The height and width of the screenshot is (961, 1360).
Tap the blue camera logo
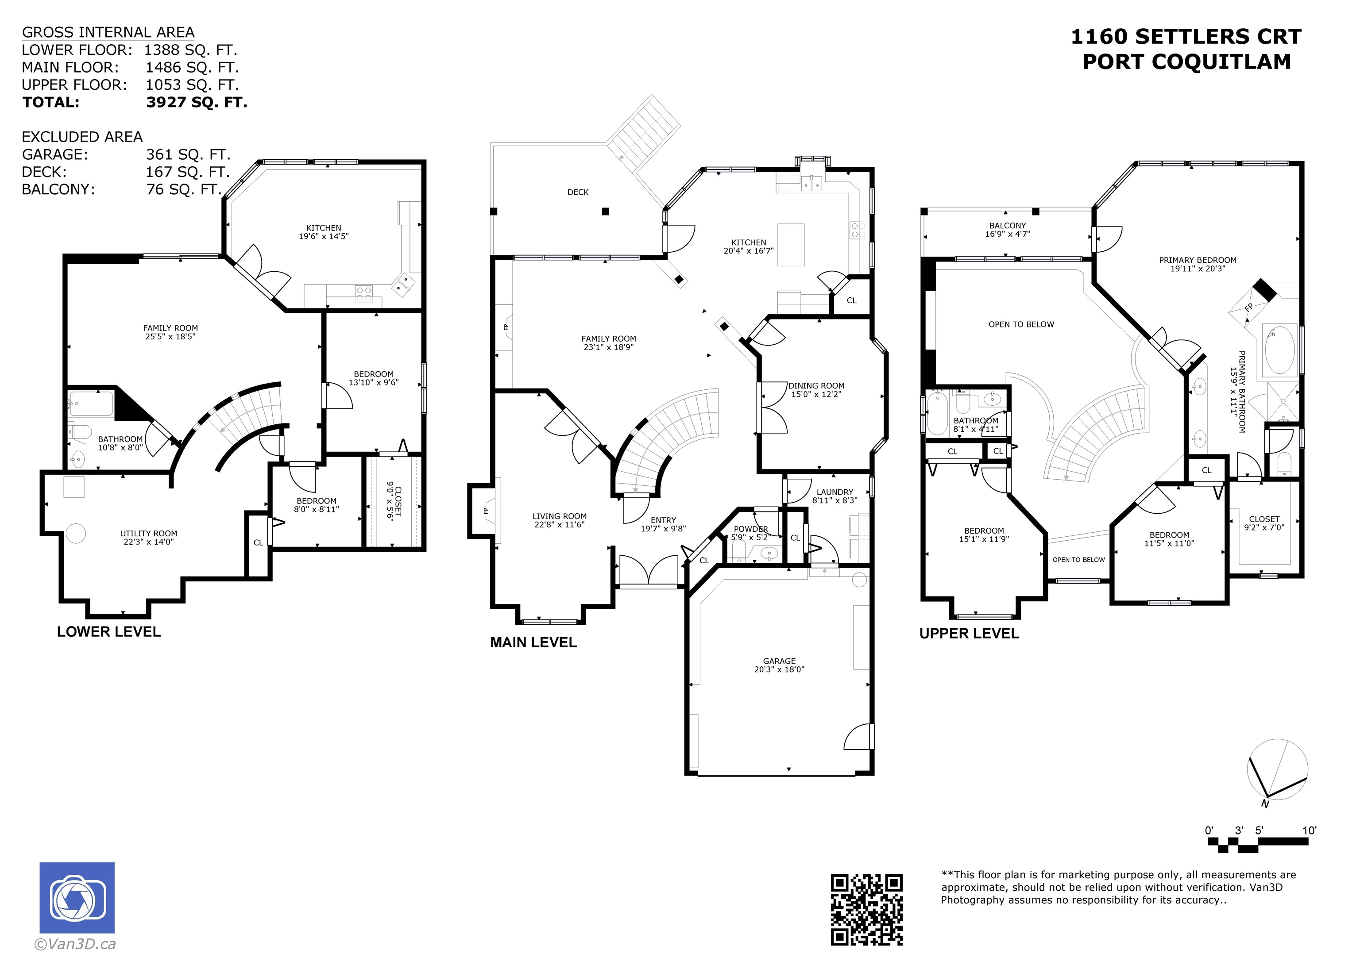click(x=77, y=898)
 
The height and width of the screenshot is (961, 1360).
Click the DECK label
click(x=578, y=192)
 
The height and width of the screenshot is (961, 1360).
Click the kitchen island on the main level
click(x=791, y=245)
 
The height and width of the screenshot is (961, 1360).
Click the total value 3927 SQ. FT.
click(x=197, y=103)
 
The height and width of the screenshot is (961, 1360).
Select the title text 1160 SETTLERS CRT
click(x=1186, y=37)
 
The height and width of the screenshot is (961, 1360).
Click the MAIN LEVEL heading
click(x=533, y=642)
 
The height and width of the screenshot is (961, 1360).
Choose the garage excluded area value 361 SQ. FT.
click(x=188, y=154)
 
